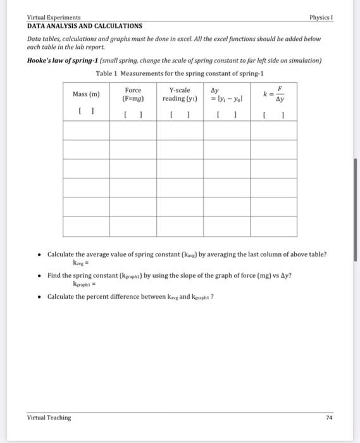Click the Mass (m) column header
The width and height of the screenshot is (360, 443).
click(x=86, y=94)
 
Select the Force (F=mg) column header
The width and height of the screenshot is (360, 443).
click(x=133, y=94)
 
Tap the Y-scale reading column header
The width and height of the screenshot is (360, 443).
click(x=180, y=94)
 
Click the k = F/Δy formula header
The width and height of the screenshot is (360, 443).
click(x=275, y=95)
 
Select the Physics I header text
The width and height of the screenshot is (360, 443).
click(x=322, y=17)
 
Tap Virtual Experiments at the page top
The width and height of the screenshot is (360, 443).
click(x=54, y=17)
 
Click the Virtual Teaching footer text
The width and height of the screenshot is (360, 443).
click(x=49, y=417)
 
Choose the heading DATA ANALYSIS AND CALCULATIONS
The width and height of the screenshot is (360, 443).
click(x=84, y=26)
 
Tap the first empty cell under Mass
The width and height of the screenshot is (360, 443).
click(x=86, y=130)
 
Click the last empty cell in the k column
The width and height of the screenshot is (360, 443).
click(x=274, y=226)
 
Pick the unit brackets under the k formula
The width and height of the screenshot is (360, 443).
click(x=274, y=115)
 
